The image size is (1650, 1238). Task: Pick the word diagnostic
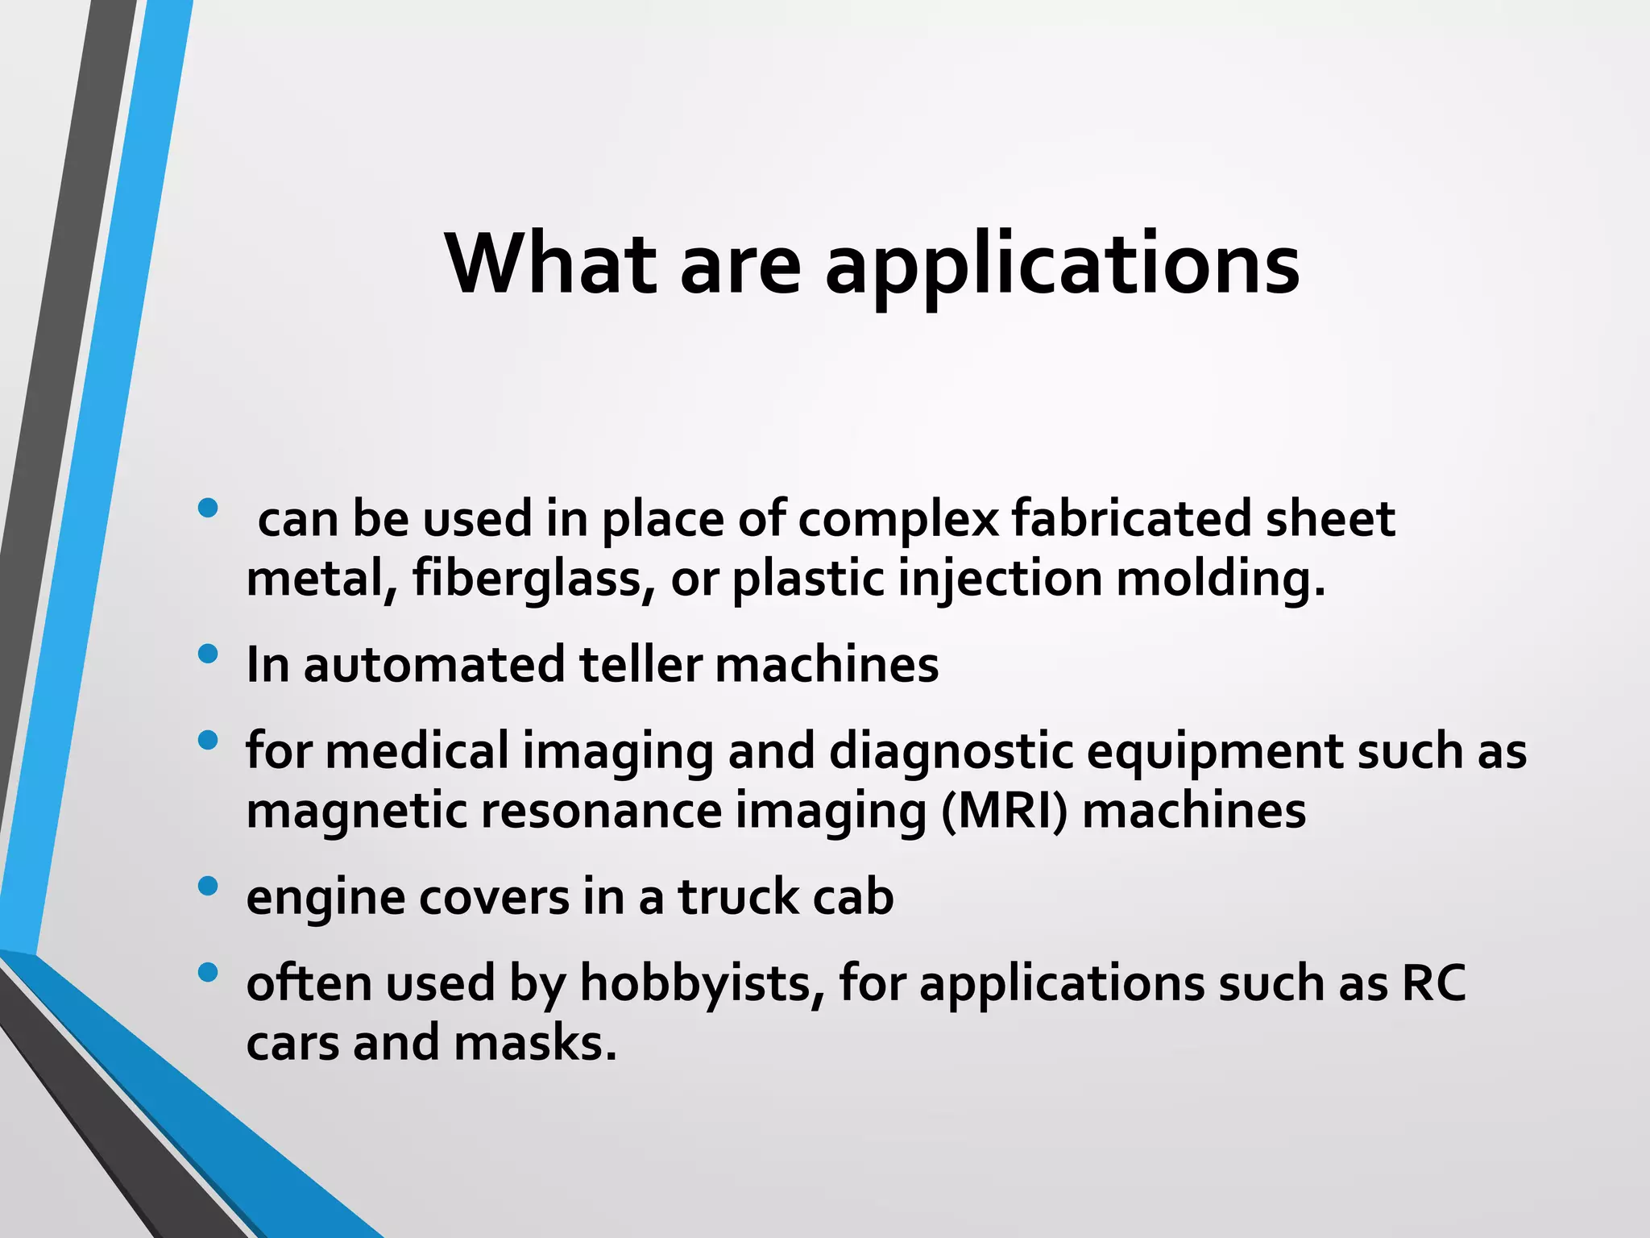(x=951, y=751)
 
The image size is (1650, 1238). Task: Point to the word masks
(x=535, y=1043)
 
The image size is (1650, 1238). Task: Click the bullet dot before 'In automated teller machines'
(x=207, y=654)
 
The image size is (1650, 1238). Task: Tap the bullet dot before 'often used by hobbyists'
(x=207, y=973)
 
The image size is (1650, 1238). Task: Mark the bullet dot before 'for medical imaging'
(x=207, y=740)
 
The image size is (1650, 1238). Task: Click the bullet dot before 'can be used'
(x=207, y=508)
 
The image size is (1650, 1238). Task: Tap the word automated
(x=434, y=665)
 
